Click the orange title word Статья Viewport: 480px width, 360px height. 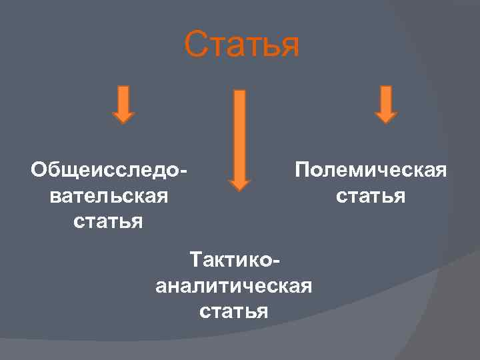242,44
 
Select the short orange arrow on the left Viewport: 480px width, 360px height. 123,104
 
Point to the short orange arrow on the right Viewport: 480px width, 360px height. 385,104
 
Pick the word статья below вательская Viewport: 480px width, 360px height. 109,220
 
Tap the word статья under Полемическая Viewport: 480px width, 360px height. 371,196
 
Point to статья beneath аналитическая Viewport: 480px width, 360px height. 233,311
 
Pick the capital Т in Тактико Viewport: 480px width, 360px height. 196,259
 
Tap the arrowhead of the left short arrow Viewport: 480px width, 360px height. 123,117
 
